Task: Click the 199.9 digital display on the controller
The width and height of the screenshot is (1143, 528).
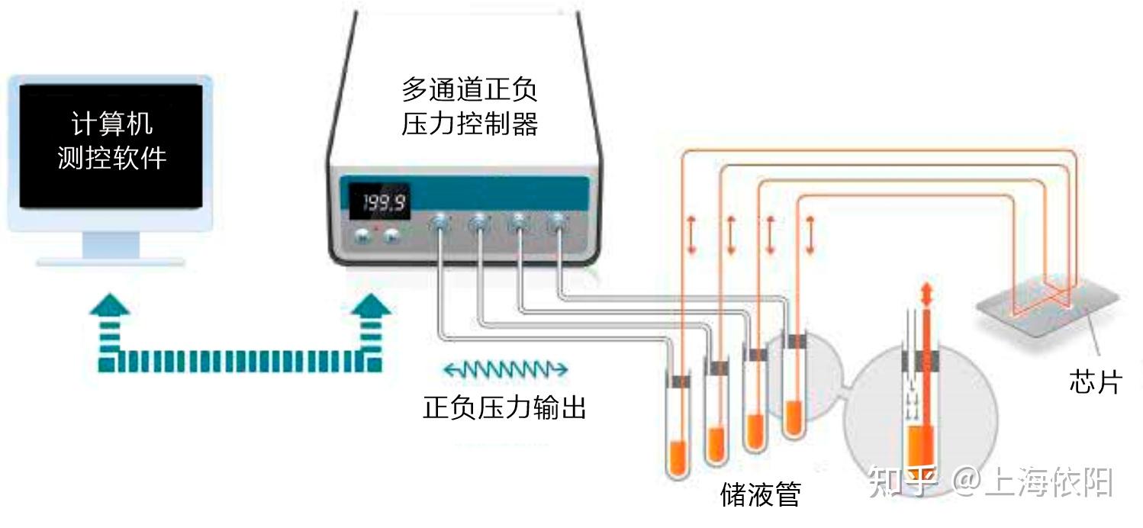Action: (379, 201)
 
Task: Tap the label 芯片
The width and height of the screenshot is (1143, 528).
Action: (1094, 382)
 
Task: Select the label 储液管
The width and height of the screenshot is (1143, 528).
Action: (760, 494)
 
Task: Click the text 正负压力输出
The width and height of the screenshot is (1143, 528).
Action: (504, 407)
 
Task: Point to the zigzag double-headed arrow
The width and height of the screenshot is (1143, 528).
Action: (506, 369)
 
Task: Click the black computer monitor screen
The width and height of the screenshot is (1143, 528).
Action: (111, 146)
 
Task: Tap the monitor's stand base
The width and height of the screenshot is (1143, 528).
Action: (111, 262)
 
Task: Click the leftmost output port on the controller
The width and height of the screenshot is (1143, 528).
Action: (439, 223)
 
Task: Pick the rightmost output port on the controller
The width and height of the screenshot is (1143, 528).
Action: (559, 223)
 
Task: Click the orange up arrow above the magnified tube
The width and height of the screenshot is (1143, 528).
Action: (926, 294)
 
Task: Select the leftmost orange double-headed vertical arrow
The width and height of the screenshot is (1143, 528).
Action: (691, 235)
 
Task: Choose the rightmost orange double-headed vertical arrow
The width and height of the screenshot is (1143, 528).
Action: (810, 235)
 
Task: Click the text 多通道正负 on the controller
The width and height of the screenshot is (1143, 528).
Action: (469, 90)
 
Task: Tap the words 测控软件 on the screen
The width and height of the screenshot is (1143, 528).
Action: (111, 158)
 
